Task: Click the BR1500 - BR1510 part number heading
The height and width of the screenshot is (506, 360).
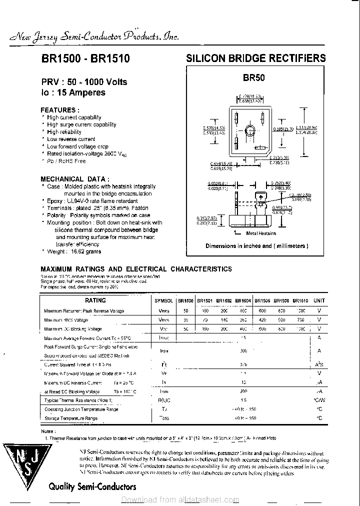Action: point(85,58)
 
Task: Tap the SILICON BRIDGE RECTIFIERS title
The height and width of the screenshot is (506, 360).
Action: point(256,58)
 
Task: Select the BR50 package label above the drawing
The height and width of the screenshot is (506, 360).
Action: point(254,78)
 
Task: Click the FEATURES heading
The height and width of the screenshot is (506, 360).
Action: point(59,109)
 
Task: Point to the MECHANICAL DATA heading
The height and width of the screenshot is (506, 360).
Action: point(74,178)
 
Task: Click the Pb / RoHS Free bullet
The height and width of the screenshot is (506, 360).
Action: point(66,161)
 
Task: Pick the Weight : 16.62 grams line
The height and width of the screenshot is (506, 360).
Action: point(74,251)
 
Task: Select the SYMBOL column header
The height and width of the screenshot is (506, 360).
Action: point(163,300)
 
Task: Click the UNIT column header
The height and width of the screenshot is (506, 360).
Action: point(319,300)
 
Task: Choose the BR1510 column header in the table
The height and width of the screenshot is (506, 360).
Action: point(300,300)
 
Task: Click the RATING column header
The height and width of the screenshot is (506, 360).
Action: point(95,300)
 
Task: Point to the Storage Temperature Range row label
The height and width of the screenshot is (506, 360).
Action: point(70,418)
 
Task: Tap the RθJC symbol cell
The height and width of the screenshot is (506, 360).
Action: point(163,400)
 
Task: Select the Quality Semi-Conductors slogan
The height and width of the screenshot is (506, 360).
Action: point(92,486)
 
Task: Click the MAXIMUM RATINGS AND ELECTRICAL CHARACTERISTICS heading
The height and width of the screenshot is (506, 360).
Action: point(136,269)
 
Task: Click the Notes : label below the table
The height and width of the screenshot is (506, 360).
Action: point(48,430)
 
